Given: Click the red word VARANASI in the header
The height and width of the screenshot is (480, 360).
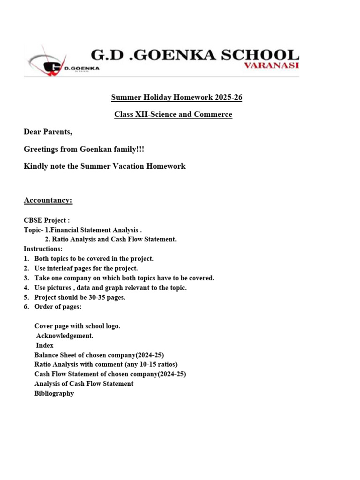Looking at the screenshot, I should [x=271, y=66].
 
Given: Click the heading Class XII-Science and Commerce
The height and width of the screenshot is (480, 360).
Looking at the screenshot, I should [x=173, y=114].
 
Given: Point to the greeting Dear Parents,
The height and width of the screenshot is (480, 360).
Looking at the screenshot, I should [x=48, y=132].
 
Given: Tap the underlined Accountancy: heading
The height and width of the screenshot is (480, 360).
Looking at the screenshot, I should [x=48, y=201].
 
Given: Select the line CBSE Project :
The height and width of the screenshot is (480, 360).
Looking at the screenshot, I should [x=47, y=220].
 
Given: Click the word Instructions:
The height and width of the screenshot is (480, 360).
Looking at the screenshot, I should [x=43, y=249].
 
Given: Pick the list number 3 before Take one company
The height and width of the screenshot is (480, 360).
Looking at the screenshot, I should [x=26, y=278].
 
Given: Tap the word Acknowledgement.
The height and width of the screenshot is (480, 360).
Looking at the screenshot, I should [x=65, y=336].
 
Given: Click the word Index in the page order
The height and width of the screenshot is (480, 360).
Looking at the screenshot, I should [x=45, y=345].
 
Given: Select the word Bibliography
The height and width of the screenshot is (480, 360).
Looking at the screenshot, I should [x=54, y=393].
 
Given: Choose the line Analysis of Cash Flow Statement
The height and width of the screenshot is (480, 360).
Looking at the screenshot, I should [x=84, y=383].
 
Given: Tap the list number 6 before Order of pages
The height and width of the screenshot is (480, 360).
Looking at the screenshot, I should [x=26, y=307].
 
